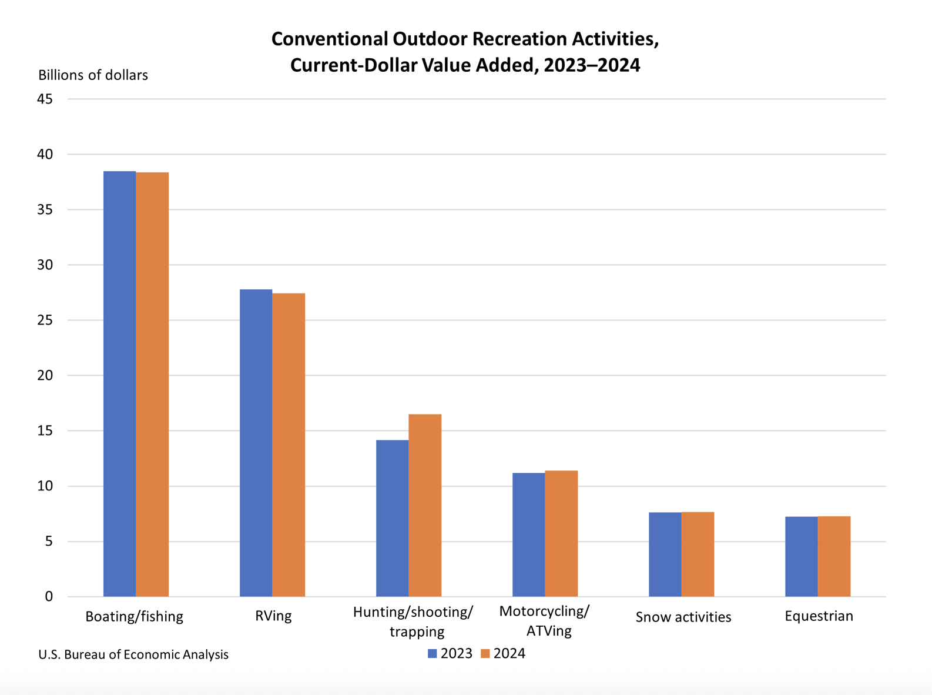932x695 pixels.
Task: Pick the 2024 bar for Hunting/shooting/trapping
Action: (x=425, y=505)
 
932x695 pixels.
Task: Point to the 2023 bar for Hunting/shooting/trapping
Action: (x=392, y=518)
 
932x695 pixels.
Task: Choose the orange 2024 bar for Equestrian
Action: (x=834, y=556)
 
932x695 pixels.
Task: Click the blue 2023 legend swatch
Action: (x=433, y=654)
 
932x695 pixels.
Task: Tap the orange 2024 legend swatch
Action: (x=485, y=654)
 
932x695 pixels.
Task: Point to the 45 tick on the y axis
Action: (x=45, y=99)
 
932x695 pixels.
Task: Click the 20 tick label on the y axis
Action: (x=45, y=375)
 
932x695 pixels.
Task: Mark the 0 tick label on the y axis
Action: (x=49, y=596)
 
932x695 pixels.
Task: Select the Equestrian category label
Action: (x=819, y=616)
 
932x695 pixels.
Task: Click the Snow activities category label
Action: (x=683, y=617)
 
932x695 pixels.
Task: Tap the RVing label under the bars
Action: (x=273, y=616)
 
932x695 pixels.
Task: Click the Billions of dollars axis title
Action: (x=93, y=75)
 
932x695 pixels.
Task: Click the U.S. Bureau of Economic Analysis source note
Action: (x=133, y=654)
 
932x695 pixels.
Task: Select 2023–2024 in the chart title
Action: (x=592, y=65)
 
